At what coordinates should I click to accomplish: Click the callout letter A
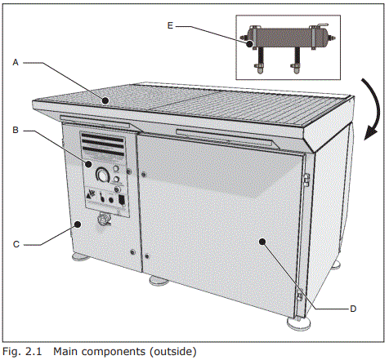pos(16,61)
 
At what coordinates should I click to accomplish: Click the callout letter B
pos(16,130)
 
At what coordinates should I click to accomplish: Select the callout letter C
pos(16,242)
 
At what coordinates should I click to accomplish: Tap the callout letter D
pos(352,309)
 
